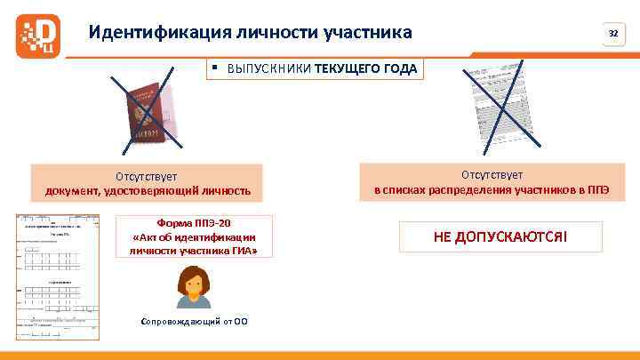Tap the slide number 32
click(x=612, y=34)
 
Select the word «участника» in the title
click(x=365, y=33)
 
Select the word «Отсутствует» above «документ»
click(x=147, y=176)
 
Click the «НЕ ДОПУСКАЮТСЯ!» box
click(x=500, y=237)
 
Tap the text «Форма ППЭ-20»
click(x=193, y=222)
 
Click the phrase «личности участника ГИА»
click(x=193, y=251)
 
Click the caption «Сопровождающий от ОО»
click(x=194, y=321)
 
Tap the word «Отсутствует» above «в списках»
click(x=492, y=175)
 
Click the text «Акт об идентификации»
click(x=193, y=236)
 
